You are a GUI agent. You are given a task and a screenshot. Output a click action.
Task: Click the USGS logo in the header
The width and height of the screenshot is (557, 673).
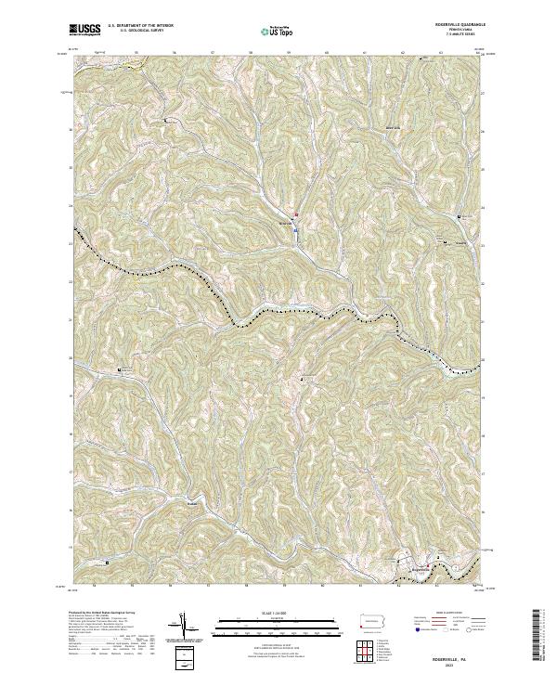pyautogui.click(x=86, y=31)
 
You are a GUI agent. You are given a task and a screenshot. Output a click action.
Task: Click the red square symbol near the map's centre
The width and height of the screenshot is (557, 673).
pyautogui.click(x=296, y=216)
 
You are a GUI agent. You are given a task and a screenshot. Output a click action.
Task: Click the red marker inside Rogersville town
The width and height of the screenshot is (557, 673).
pyautogui.click(x=429, y=563)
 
